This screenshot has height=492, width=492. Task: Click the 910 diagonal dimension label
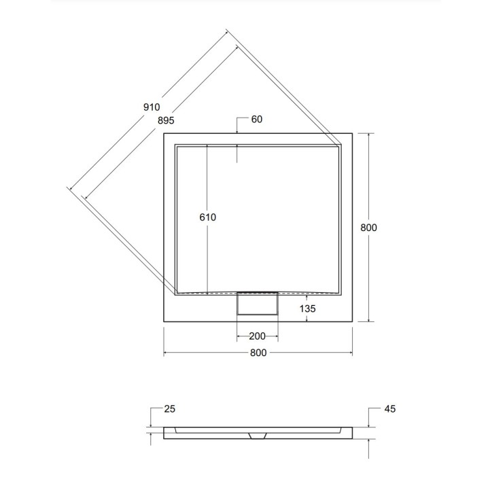pos(152,107)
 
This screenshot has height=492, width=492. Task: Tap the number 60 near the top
pos(256,120)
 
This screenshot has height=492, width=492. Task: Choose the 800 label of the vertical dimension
pos(368,228)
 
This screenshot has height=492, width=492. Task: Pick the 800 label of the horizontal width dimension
pos(258,353)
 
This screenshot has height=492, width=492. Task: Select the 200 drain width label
pos(258,336)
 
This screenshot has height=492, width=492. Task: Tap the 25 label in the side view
pos(170,408)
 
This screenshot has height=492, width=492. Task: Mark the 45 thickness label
pos(389,408)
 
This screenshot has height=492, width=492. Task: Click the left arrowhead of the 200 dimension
pos(239,336)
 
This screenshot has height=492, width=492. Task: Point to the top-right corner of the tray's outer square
pos(351,133)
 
